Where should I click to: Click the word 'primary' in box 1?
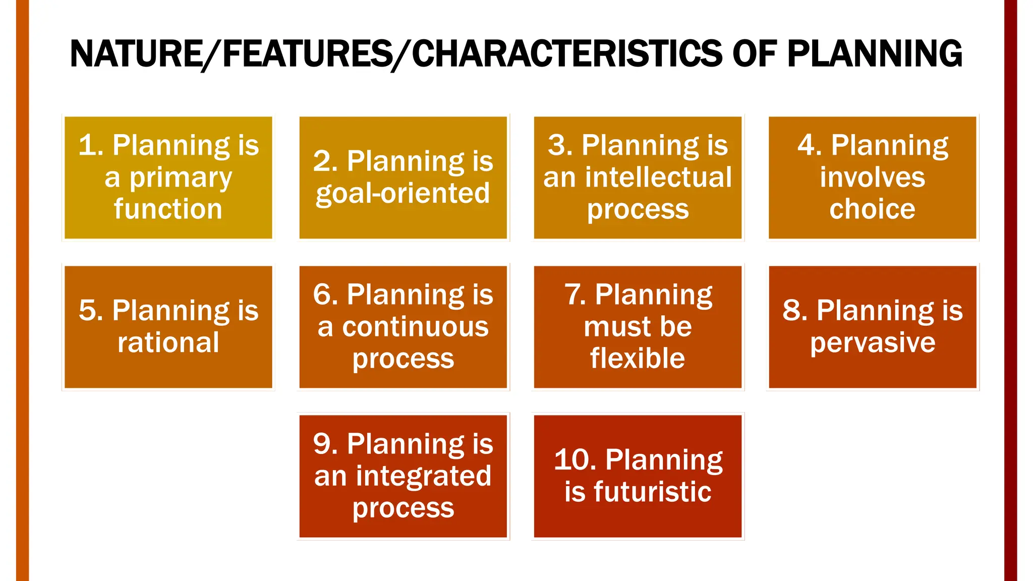click(181, 179)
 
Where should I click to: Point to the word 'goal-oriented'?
click(403, 194)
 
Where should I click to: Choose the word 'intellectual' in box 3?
click(658, 178)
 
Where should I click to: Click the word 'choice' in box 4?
click(873, 209)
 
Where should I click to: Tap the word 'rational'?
click(168, 343)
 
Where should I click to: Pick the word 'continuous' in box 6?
click(416, 327)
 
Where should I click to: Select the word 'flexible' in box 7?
click(638, 359)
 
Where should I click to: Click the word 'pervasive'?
click(873, 343)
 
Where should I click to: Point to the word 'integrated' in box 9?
click(424, 476)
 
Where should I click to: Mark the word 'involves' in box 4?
click(873, 178)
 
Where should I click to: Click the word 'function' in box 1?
click(168, 209)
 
